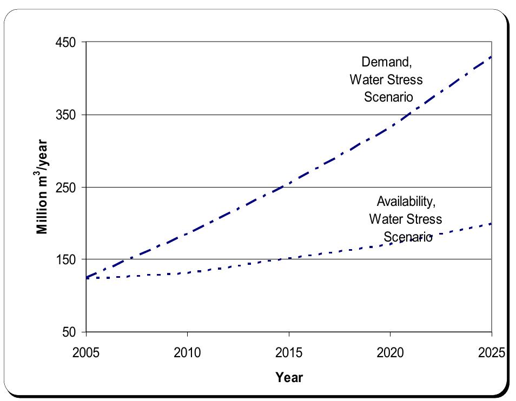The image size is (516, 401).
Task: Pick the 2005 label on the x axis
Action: coord(86,353)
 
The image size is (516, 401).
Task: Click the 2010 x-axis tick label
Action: coord(187,353)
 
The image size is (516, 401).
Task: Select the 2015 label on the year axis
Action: coord(289,353)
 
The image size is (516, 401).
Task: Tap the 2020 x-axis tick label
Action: coord(390,353)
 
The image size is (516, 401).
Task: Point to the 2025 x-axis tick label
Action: coord(491,353)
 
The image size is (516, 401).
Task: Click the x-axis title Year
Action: coord(289,377)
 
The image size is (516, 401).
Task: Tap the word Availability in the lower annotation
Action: coord(406,202)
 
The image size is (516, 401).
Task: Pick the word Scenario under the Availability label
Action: coord(408,237)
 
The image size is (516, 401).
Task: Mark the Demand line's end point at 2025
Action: coord(491,56)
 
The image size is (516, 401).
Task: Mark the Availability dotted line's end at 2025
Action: coord(491,223)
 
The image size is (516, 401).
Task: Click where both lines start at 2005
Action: coord(87,278)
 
